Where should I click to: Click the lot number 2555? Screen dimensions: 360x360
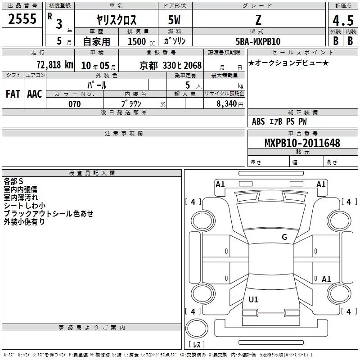coord(22,19)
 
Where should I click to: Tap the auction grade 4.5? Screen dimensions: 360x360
coord(343,21)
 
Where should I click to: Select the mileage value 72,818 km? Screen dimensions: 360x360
coord(55,65)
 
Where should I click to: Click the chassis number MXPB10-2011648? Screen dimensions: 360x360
coord(302,143)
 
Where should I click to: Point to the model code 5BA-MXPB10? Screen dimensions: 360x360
coord(258,41)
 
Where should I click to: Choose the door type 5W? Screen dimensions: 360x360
coord(174,20)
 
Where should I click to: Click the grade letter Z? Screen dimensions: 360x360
coord(258,20)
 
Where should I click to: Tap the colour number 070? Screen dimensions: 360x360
coord(75,104)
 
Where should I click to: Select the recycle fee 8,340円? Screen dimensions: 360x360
coord(230,104)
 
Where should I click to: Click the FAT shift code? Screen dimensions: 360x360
coord(13,94)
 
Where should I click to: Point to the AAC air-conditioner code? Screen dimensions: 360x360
coord(35,94)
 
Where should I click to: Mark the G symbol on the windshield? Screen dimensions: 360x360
coord(284,237)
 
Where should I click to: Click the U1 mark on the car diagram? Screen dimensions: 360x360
coord(253,299)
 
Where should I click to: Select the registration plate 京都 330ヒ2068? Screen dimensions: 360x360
coord(171,65)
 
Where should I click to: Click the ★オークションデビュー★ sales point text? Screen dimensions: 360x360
coord(288,63)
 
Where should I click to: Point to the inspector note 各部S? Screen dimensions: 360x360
coord(13,181)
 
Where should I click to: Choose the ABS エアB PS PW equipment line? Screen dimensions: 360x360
coord(279,121)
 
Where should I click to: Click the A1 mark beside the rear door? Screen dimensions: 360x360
coord(326,279)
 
